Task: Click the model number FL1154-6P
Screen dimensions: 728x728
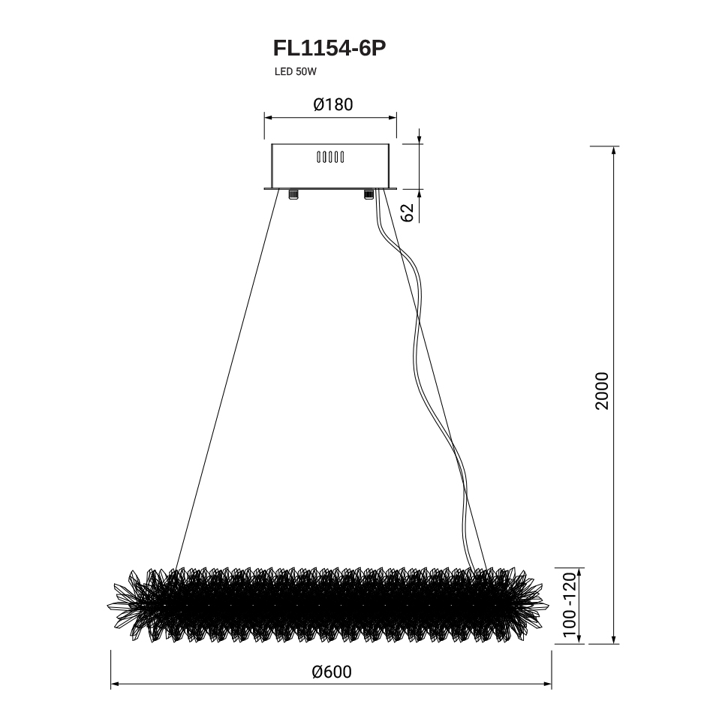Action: click(x=329, y=48)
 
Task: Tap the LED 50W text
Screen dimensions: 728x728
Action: click(x=295, y=72)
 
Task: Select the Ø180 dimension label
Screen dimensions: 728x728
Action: click(x=333, y=104)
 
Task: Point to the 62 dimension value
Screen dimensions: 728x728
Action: click(x=407, y=212)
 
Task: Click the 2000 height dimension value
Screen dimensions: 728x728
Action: click(x=602, y=390)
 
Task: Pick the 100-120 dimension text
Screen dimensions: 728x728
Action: click(x=569, y=606)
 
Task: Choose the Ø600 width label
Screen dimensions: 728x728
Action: click(x=332, y=672)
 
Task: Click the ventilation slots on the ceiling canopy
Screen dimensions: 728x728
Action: click(x=330, y=158)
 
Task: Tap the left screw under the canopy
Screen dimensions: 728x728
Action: click(x=293, y=194)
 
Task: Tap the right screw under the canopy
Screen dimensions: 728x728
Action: click(x=369, y=194)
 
